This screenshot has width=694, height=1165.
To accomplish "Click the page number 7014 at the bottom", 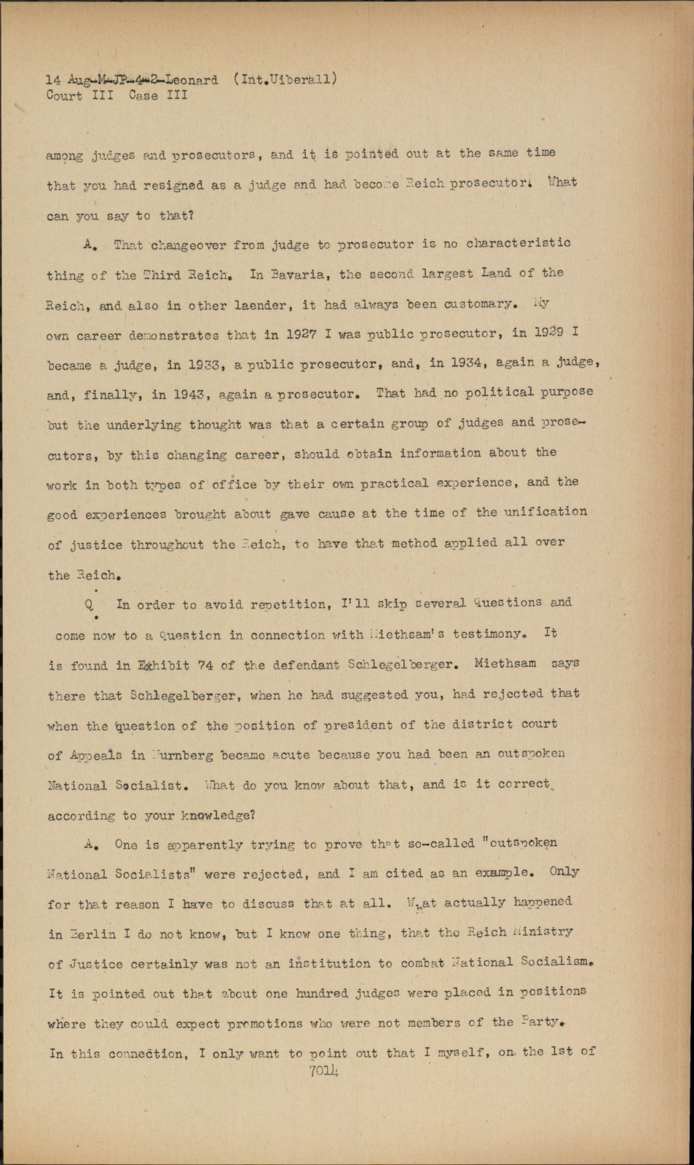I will [x=324, y=1070].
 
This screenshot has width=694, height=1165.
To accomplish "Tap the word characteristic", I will [x=518, y=242].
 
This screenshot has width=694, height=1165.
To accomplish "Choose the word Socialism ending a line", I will [x=557, y=962].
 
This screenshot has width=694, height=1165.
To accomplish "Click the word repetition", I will [x=287, y=604].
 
